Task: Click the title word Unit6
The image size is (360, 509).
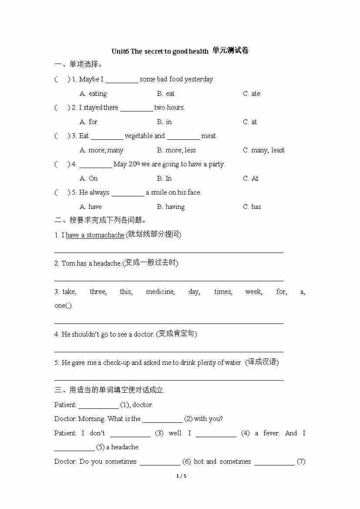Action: pyautogui.click(x=120, y=51)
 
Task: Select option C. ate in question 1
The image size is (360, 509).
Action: pyautogui.click(x=252, y=94)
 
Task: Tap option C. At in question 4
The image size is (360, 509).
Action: pyautogui.click(x=251, y=179)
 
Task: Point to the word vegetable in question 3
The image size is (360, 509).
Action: pyautogui.click(x=138, y=136)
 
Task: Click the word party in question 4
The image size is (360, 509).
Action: pyautogui.click(x=216, y=164)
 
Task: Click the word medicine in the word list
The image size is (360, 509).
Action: pyautogui.click(x=160, y=292)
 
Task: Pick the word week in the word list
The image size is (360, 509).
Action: pyautogui.click(x=253, y=292)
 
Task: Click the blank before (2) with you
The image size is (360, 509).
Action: pyautogui.click(x=162, y=419)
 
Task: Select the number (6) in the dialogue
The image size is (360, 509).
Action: pyautogui.click(x=187, y=462)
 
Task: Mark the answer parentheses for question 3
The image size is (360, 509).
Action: pyautogui.click(x=62, y=136)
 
